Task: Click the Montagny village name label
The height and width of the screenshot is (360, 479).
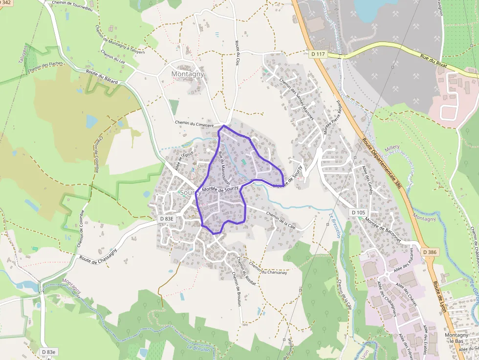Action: [x=188, y=74]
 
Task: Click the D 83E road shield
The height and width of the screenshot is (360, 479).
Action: [x=167, y=219]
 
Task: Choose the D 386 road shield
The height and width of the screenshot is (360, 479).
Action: [x=429, y=252]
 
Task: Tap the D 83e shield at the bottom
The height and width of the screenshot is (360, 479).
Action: [x=49, y=352]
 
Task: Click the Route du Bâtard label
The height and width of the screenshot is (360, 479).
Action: [x=102, y=78]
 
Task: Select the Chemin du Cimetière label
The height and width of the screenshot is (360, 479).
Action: [x=195, y=124]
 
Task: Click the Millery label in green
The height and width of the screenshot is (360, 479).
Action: [x=392, y=147]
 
